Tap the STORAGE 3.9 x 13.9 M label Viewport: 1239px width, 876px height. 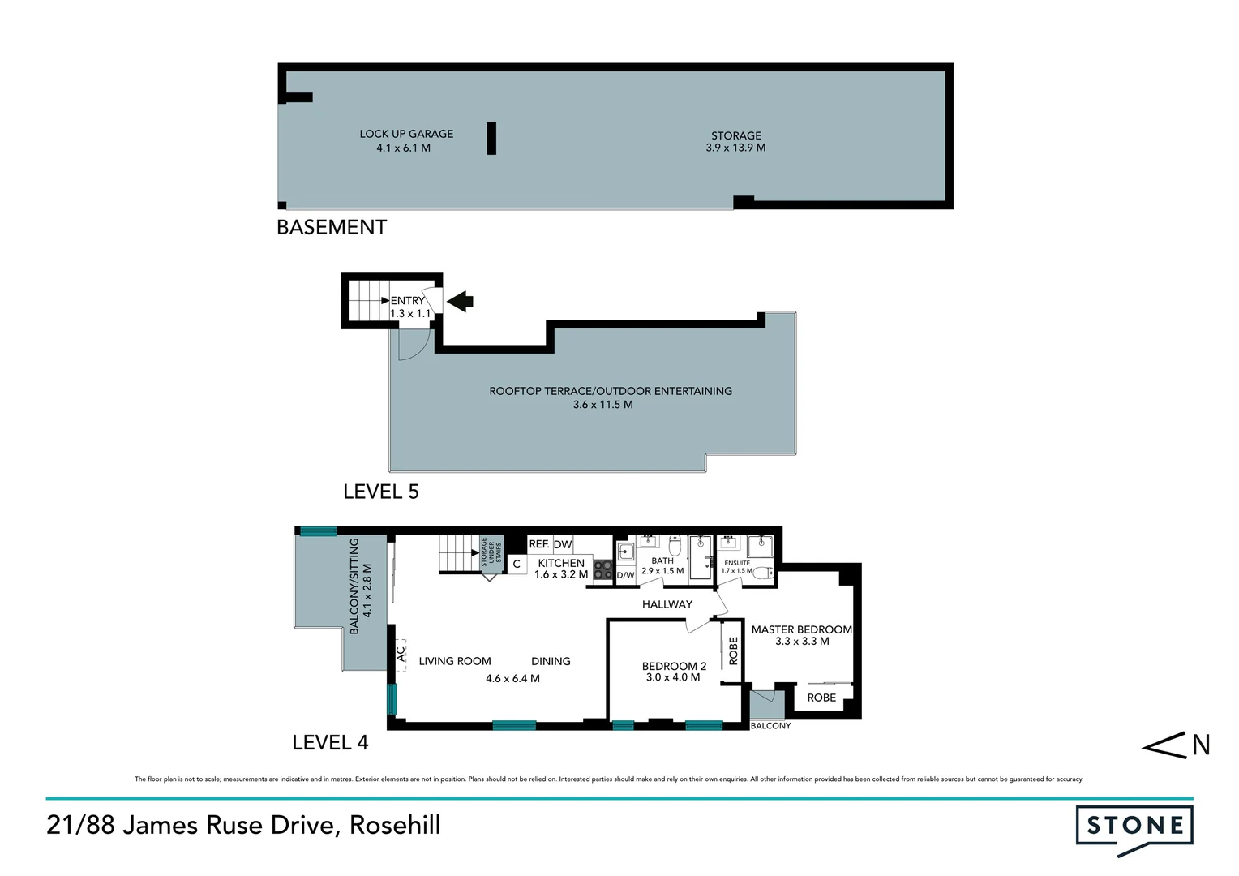tap(735, 141)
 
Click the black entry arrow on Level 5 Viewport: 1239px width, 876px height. tap(460, 302)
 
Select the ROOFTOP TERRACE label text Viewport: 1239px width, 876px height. tap(610, 391)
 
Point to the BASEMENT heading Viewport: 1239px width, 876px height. tap(332, 228)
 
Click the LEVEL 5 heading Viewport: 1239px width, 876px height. tap(380, 492)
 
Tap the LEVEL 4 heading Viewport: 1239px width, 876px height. tap(330, 743)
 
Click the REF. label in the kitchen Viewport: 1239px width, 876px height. tap(539, 544)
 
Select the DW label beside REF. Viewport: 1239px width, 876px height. tap(563, 544)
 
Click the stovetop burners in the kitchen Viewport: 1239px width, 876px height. tap(602, 570)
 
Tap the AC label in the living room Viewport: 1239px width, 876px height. tap(401, 652)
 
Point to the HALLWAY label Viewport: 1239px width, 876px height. tap(667, 604)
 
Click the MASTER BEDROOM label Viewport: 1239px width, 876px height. tap(801, 629)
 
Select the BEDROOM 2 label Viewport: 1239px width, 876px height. tap(674, 666)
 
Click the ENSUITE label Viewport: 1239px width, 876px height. tap(737, 563)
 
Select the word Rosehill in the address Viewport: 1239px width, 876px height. tap(395, 825)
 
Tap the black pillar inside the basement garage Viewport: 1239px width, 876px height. tap(491, 138)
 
